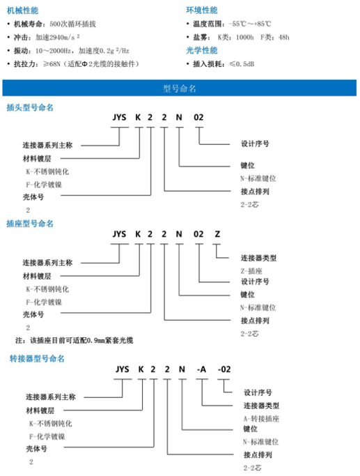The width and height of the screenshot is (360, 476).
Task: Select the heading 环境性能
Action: (x=202, y=10)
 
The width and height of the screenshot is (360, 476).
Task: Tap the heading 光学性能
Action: (x=202, y=50)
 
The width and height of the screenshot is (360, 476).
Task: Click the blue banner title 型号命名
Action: (x=180, y=89)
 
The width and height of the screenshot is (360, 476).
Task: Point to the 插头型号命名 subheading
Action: (x=29, y=108)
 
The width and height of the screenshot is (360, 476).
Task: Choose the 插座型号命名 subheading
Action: (x=29, y=224)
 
